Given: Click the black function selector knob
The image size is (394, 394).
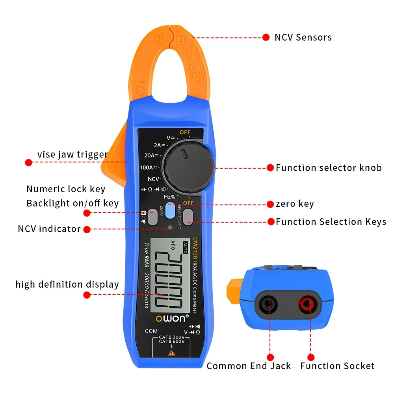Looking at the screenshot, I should pyautogui.click(x=188, y=165).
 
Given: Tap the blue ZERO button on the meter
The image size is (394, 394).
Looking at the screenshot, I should pyautogui.click(x=170, y=210).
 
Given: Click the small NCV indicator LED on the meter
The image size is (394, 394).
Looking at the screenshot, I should pyautogui.click(x=170, y=227).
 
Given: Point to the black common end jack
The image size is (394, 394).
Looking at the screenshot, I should pyautogui.click(x=269, y=304).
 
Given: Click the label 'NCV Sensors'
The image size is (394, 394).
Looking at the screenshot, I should pyautogui.click(x=303, y=38).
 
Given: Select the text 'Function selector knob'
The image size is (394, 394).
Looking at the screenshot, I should pyautogui.click(x=329, y=168).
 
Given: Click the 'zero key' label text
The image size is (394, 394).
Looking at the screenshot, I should pyautogui.click(x=295, y=204).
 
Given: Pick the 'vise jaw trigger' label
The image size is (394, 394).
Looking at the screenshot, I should pyautogui.click(x=72, y=154).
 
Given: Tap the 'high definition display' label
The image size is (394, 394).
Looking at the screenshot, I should pyautogui.click(x=67, y=284).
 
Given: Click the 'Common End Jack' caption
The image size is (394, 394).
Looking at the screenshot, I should pyautogui.click(x=249, y=366).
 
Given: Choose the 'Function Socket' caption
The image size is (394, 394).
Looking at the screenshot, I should pyautogui.click(x=337, y=366).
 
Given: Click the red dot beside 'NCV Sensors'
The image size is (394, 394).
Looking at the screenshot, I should pyautogui.click(x=266, y=38).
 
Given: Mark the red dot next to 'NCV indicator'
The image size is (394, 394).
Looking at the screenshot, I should pyautogui.click(x=87, y=229).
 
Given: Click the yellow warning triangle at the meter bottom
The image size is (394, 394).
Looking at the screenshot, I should pyautogui.click(x=171, y=353).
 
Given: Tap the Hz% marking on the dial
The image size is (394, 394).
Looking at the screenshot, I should pyautogui.click(x=170, y=196).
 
